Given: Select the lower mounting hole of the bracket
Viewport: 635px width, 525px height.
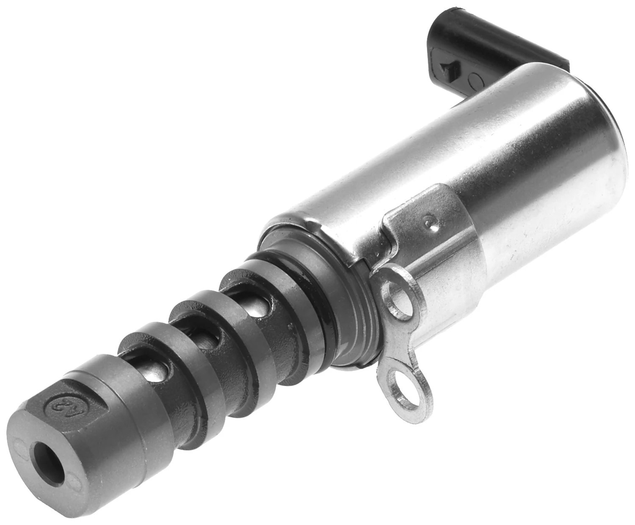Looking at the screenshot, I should tap(407, 388).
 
